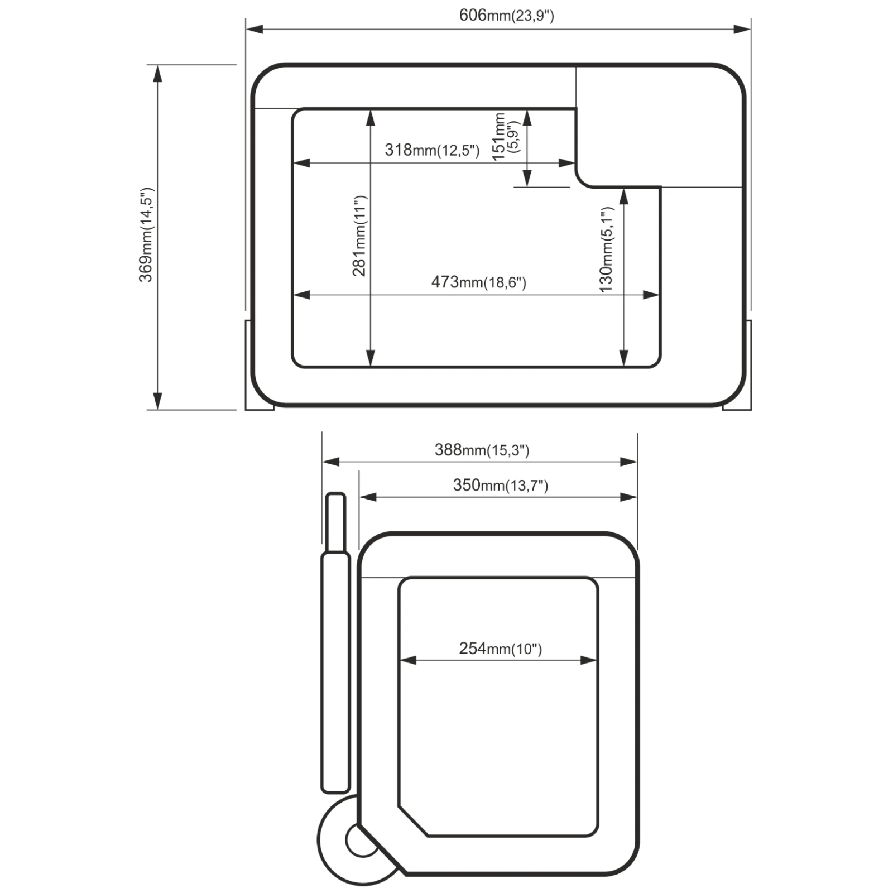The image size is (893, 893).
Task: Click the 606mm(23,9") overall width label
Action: coord(506,15)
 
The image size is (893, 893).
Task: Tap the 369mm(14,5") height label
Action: coord(146,235)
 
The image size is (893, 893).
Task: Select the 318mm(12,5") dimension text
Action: coord(432,150)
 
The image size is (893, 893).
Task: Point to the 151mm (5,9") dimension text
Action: coord(506,137)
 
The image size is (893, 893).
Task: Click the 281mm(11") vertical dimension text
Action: coord(360,236)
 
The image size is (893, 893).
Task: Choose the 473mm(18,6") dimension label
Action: coord(479,282)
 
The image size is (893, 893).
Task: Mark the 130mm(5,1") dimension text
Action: coord(606,249)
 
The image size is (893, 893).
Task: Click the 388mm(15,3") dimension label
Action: coord(482,450)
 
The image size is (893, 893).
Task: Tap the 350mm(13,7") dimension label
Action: coord(501,485)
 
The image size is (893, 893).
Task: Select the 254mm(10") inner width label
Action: coord(501,649)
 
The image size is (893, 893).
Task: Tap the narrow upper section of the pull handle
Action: coord(335,522)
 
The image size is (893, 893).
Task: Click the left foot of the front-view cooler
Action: coord(259,366)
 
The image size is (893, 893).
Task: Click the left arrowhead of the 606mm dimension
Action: coord(255,29)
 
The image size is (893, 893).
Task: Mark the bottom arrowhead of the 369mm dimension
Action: coord(158,401)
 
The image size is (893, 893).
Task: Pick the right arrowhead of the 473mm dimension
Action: coord(651,295)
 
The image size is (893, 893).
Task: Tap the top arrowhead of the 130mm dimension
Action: coord(624,197)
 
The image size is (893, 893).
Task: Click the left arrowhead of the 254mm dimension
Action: coord(408,660)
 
